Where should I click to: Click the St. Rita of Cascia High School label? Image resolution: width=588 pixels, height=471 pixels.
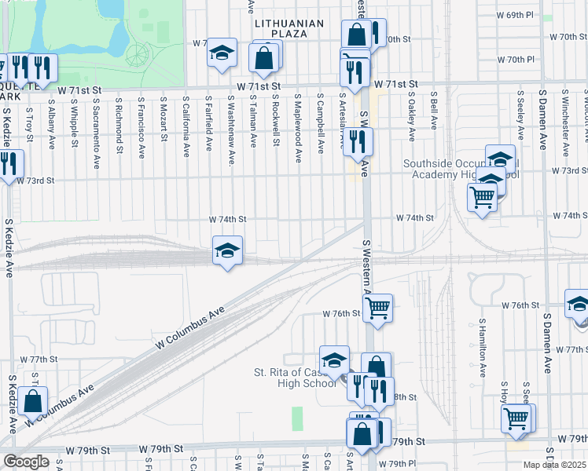click(x=295, y=378)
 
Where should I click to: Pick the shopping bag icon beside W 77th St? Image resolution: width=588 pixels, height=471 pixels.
click(x=33, y=401)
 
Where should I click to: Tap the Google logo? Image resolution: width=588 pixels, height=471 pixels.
click(x=26, y=462)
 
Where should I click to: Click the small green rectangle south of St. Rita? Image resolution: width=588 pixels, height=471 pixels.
click(x=297, y=418)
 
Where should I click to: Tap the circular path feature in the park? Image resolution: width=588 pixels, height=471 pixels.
click(x=138, y=55)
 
